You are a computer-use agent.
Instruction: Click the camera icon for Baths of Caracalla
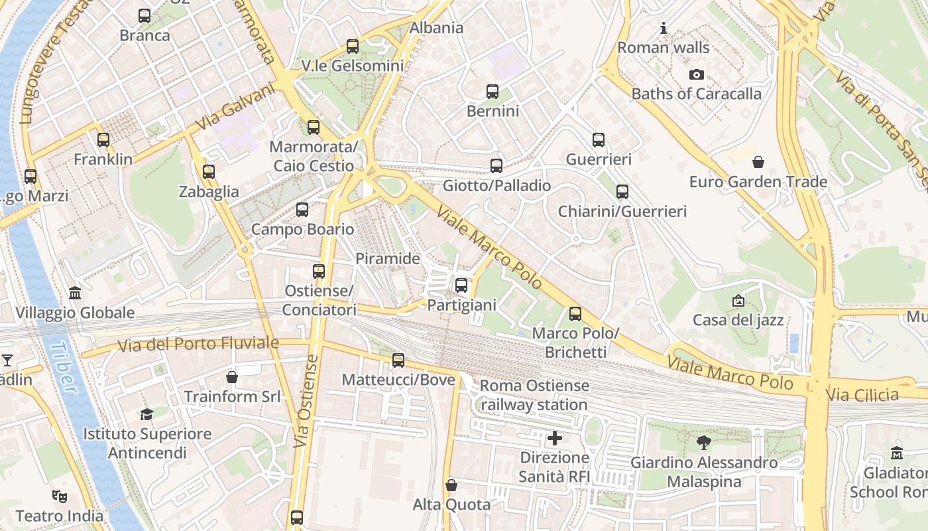pyautogui.click(x=696, y=75)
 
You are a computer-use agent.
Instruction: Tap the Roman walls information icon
pyautogui.click(x=664, y=29)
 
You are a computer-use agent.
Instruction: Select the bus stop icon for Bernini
pyautogui.click(x=492, y=92)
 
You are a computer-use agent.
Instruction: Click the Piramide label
pyautogui.click(x=388, y=258)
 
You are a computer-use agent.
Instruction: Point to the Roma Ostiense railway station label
pyautogui.click(x=534, y=395)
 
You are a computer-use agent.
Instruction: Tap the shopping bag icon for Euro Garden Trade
pyautogui.click(x=758, y=162)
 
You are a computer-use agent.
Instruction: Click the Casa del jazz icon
pyautogui.click(x=738, y=301)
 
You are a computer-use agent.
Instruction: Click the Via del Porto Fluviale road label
pyautogui.click(x=198, y=344)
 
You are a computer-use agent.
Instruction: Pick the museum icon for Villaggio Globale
pyautogui.click(x=75, y=293)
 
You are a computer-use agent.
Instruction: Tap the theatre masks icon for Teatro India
pyautogui.click(x=60, y=496)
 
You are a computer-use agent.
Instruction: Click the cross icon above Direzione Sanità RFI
pyautogui.click(x=555, y=438)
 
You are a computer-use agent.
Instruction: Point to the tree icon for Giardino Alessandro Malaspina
pyautogui.click(x=703, y=443)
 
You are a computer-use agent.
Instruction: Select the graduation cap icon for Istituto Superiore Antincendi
pyautogui.click(x=146, y=414)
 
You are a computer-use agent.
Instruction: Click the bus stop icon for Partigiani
pyautogui.click(x=461, y=286)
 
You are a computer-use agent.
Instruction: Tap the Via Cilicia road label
pyautogui.click(x=862, y=395)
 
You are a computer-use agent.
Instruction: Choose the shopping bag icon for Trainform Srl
pyautogui.click(x=232, y=377)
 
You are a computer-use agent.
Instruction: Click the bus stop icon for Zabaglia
pyautogui.click(x=209, y=172)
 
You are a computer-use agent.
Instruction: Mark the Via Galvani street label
pyautogui.click(x=235, y=106)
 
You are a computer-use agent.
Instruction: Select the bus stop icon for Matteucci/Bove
pyautogui.click(x=398, y=360)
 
